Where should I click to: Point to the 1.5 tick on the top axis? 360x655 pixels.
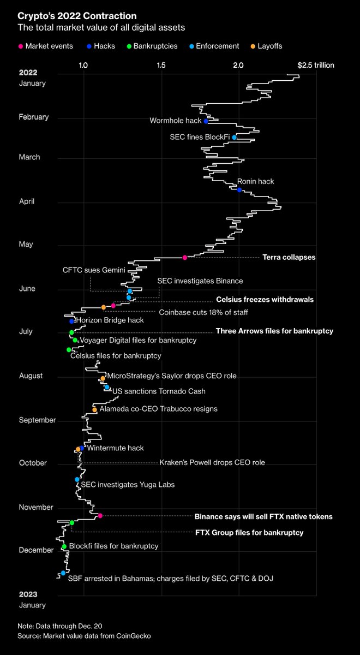161,65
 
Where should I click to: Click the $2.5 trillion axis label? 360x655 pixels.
315,65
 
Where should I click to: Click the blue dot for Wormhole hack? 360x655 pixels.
206,121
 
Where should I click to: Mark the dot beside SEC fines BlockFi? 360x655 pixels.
234,138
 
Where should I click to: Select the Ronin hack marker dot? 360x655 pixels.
239,189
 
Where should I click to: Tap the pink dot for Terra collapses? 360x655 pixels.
184,257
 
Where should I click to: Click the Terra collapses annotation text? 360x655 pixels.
289,257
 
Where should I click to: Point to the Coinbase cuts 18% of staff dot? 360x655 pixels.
103,307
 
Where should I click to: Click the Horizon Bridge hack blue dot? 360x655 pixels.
71,321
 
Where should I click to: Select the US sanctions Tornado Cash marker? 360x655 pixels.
107,387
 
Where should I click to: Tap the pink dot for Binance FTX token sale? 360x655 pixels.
100,516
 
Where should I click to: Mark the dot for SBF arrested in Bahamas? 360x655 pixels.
63,573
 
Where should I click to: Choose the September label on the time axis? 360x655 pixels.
37,420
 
